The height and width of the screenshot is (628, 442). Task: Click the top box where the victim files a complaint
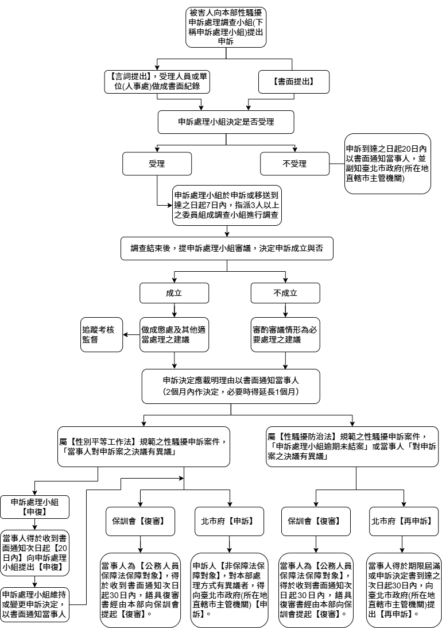pos(226,27)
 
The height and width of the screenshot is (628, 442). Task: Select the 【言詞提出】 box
pos(157,81)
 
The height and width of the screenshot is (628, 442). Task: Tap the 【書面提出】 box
pos(293,82)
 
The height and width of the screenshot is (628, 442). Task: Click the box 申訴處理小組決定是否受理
pos(227,121)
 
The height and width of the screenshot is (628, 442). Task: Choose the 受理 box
pos(157,164)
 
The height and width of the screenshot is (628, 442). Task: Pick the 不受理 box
pos(294,164)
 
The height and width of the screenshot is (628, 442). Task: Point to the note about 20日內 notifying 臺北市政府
pos(387,164)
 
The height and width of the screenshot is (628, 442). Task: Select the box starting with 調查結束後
pos(227,249)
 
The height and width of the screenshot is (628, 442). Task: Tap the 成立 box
pos(174,293)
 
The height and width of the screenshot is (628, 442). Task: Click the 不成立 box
pos(285,293)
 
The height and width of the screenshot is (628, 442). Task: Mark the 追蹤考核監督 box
pos(102,335)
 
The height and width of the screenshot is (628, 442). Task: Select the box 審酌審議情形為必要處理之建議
pos(285,335)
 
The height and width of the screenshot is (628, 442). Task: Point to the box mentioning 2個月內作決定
pos(231,386)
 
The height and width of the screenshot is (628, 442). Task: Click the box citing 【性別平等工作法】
pos(144,446)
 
